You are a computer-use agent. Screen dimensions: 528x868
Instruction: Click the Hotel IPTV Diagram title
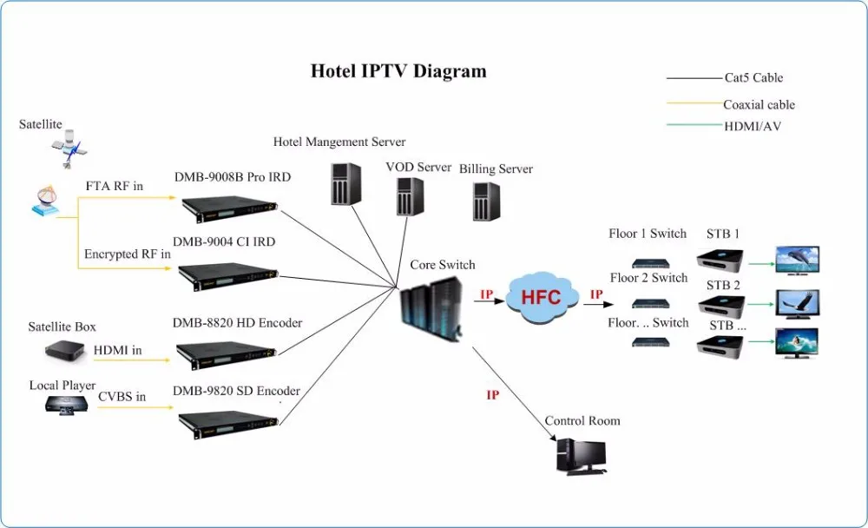point(398,71)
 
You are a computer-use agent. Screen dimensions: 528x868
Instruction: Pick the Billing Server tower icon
point(485,201)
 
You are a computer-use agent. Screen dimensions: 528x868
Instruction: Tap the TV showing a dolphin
point(797,260)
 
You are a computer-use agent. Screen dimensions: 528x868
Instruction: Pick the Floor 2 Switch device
point(648,303)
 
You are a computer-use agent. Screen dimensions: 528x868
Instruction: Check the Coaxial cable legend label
point(759,105)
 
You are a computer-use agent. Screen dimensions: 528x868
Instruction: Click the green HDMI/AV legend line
point(694,126)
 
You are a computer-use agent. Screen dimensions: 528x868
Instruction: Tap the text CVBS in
point(122,397)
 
